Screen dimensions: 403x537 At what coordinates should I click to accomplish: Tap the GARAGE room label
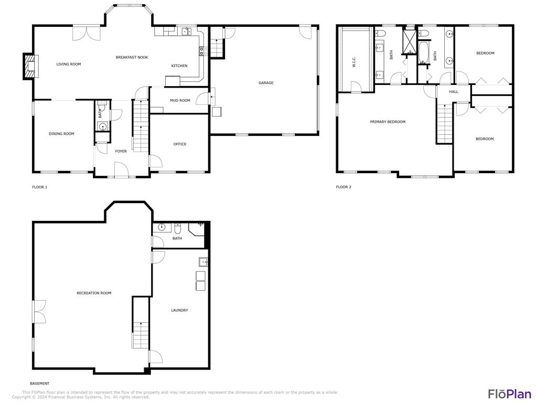[x=266, y=83]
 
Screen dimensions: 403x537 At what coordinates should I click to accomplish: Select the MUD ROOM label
[x=180, y=101]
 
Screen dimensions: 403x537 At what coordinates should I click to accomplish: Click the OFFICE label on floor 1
[x=180, y=144]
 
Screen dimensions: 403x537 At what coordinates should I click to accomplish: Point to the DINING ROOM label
[x=61, y=134]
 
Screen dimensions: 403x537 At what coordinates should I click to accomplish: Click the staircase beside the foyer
[x=140, y=126]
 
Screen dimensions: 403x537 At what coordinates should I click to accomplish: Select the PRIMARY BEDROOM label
[x=388, y=122]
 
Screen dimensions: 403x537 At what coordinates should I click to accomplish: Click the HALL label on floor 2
[x=454, y=92]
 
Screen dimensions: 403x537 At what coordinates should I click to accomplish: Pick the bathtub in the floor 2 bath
[x=424, y=54]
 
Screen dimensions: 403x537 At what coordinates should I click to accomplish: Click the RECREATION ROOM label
[x=94, y=293]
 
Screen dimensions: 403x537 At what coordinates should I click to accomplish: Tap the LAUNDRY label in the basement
[x=179, y=310]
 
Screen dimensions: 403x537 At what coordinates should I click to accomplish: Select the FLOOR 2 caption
[x=343, y=187]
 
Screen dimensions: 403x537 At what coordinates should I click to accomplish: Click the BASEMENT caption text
[x=40, y=384]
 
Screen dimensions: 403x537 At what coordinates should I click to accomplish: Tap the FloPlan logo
[x=509, y=394]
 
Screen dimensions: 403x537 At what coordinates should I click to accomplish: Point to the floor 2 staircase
[x=445, y=124]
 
